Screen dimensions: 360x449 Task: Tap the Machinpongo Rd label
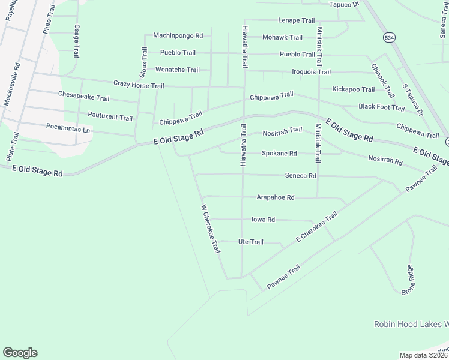(x=178, y=36)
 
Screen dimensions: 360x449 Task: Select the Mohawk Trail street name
(x=283, y=37)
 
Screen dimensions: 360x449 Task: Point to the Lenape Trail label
(x=296, y=20)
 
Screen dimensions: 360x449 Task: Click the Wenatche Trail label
(x=178, y=70)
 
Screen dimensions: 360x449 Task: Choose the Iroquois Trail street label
(x=311, y=72)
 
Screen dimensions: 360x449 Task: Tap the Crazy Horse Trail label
(x=139, y=86)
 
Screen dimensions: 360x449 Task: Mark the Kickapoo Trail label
(x=354, y=89)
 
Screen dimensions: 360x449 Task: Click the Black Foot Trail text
(x=381, y=107)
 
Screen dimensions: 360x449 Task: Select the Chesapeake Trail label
(x=83, y=95)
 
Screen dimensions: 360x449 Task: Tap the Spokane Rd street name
(x=279, y=154)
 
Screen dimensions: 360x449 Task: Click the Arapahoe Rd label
(x=276, y=197)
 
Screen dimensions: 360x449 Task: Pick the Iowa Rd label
(x=263, y=220)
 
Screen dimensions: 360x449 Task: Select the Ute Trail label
(x=251, y=242)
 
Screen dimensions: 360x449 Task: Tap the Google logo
(x=20, y=353)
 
